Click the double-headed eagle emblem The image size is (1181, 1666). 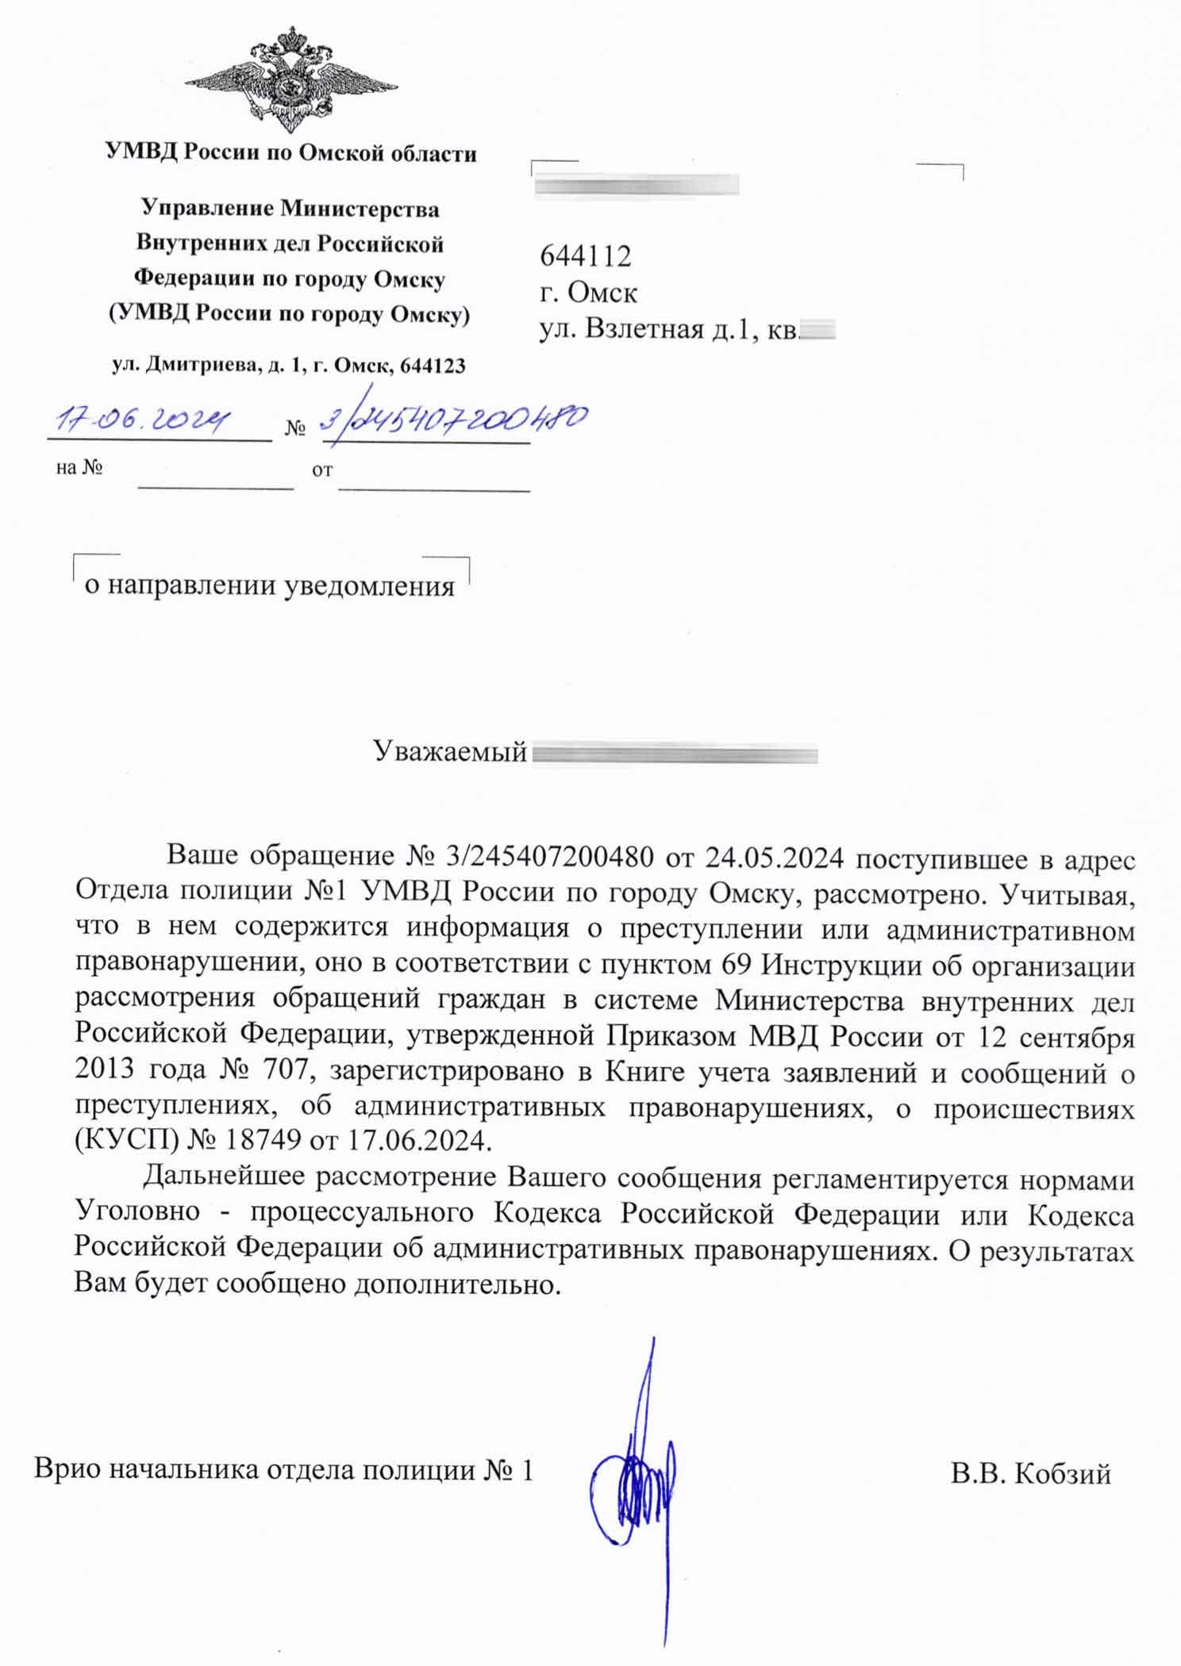pyautogui.click(x=290, y=79)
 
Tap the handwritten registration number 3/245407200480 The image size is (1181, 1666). pyautogui.click(x=454, y=419)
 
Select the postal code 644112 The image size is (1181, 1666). pyautogui.click(x=586, y=256)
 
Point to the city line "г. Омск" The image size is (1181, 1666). pyautogui.click(x=588, y=293)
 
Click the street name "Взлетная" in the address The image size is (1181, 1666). pyautogui.click(x=644, y=328)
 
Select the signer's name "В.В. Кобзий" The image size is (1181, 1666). pyautogui.click(x=1030, y=1473)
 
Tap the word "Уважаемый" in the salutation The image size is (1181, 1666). pyautogui.click(x=450, y=750)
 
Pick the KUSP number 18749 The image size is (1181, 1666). pyautogui.click(x=264, y=1140)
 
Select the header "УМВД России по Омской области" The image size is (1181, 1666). pyautogui.click(x=291, y=152)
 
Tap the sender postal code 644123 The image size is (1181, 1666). pyautogui.click(x=433, y=366)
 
